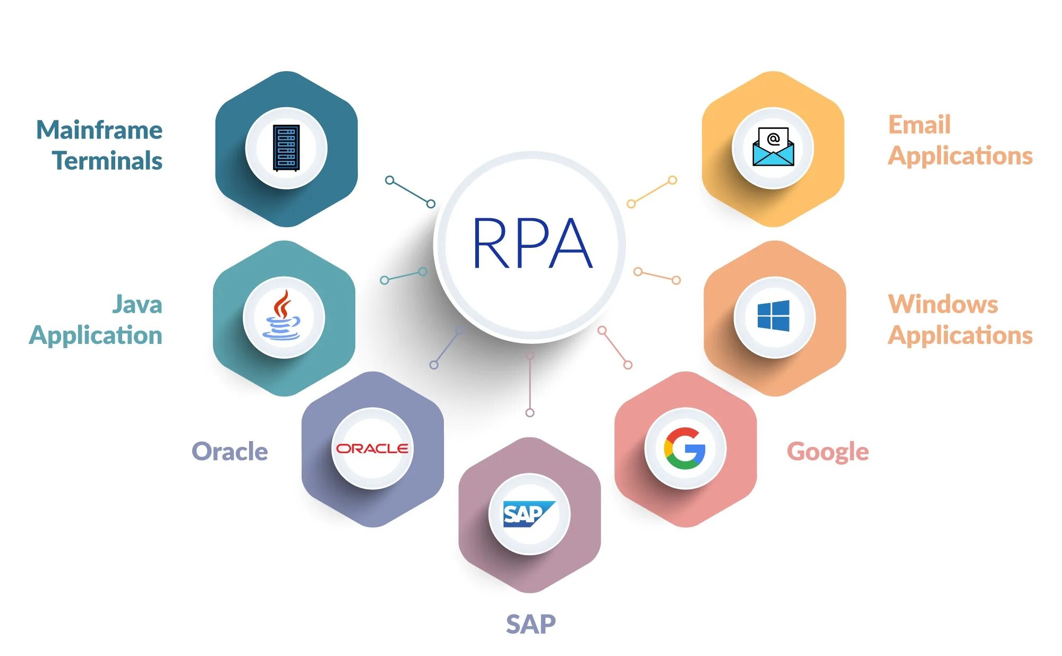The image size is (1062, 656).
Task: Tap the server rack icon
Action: point(286,148)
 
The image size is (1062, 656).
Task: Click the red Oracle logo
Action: point(372,448)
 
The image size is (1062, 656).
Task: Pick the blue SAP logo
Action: point(528,514)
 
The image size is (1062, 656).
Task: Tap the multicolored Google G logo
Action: point(685,448)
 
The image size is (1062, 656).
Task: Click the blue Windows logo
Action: point(773,316)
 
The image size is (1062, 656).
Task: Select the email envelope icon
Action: point(773,147)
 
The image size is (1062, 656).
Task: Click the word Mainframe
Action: point(99,130)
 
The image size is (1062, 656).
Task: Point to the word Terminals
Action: point(107,161)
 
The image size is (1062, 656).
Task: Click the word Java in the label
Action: point(137,305)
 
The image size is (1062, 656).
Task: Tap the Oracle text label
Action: point(229,451)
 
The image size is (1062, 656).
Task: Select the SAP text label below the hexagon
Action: point(530,624)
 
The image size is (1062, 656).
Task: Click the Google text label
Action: point(827,452)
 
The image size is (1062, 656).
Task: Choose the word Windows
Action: point(943,305)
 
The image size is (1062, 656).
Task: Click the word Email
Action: point(919,125)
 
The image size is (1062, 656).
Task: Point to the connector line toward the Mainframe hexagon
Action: point(410,192)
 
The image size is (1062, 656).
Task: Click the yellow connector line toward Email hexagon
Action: point(652,192)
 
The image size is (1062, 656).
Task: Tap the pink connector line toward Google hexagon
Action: point(615,348)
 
